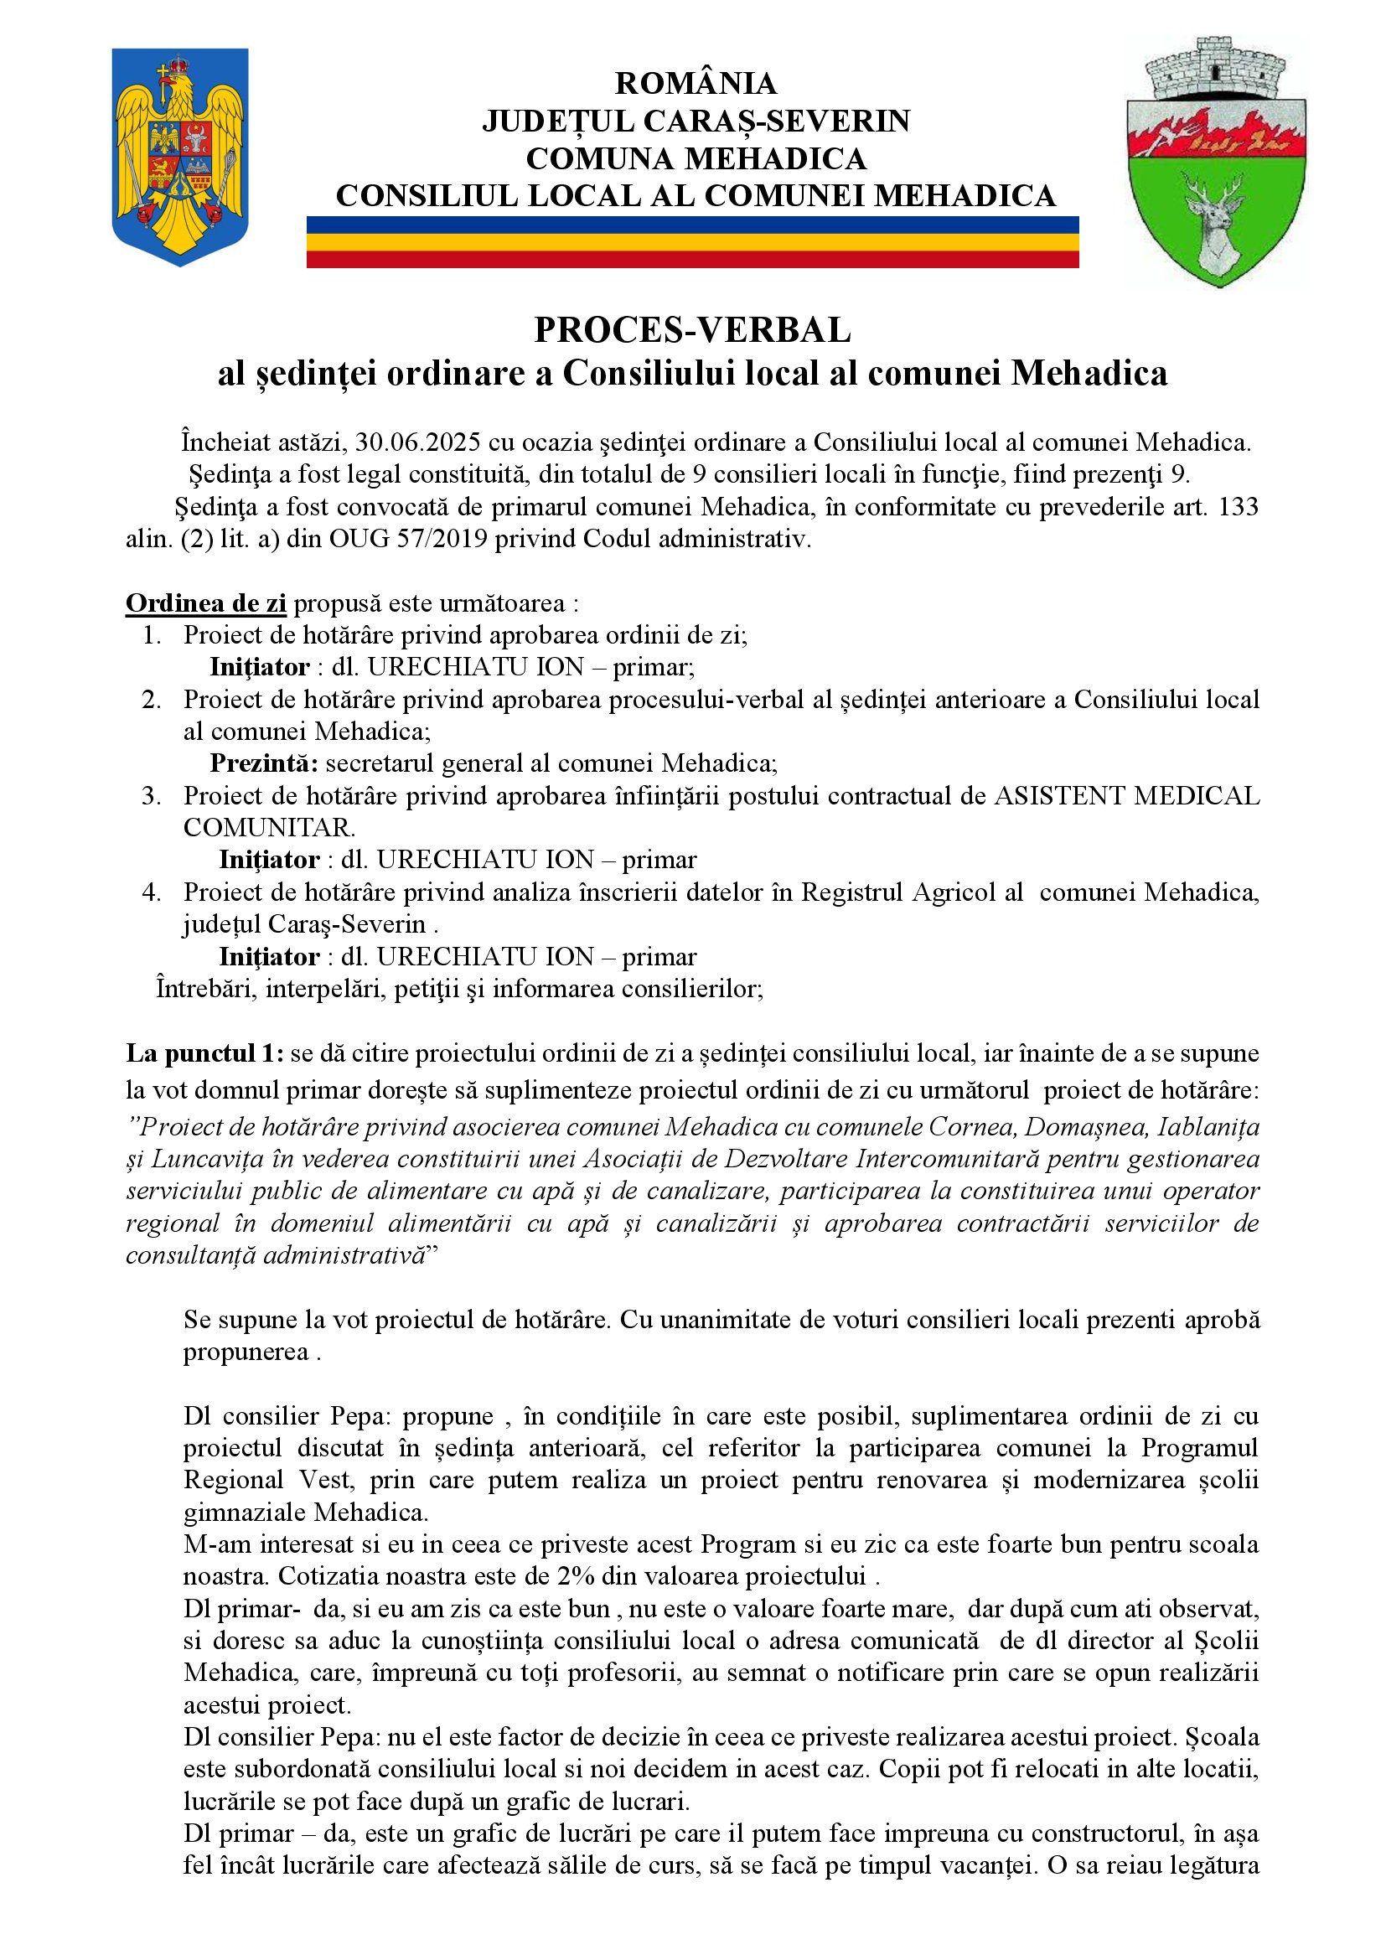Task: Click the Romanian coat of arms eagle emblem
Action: (180, 155)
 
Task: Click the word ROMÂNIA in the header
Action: (696, 84)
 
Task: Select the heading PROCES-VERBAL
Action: (692, 330)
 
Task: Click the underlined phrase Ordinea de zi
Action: (205, 603)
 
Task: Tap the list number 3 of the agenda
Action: (151, 795)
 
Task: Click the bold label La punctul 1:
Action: (204, 1053)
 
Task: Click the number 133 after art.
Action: (1239, 507)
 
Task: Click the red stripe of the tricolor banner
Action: (692, 260)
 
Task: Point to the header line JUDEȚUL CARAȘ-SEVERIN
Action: (696, 122)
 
